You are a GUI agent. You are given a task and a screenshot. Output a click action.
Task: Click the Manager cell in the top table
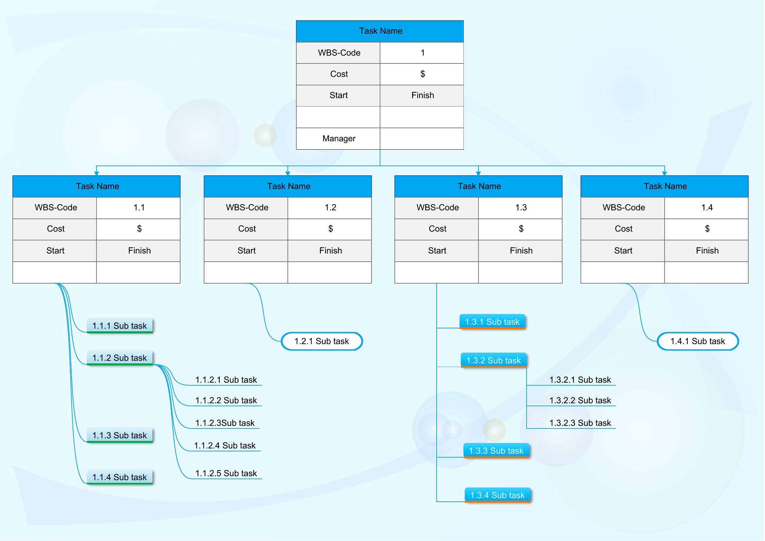click(x=339, y=139)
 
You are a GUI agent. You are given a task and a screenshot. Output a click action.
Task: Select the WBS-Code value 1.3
click(x=521, y=208)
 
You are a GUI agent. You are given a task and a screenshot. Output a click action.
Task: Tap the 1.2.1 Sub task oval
click(x=322, y=341)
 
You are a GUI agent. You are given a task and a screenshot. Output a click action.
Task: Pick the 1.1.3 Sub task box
click(x=120, y=435)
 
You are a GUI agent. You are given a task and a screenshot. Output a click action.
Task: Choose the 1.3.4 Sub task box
click(x=498, y=495)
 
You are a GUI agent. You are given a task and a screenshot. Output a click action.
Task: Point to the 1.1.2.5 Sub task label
click(x=226, y=474)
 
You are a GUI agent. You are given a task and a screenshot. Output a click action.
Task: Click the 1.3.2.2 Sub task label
click(x=581, y=400)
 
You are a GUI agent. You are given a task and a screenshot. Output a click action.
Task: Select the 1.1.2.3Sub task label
click(x=225, y=423)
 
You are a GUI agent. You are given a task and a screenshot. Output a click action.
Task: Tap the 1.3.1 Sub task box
click(x=493, y=322)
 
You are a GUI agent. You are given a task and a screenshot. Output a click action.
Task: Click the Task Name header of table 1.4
click(x=665, y=186)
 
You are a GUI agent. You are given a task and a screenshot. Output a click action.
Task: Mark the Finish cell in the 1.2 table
click(x=330, y=251)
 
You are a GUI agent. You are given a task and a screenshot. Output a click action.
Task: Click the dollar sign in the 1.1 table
click(x=139, y=229)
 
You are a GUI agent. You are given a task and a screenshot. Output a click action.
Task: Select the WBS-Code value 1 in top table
click(x=423, y=53)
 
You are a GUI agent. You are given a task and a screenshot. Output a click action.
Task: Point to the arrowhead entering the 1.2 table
click(x=288, y=173)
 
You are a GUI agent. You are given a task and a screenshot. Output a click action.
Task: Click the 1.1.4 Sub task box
click(x=120, y=477)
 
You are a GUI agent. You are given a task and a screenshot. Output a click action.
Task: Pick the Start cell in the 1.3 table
click(x=437, y=251)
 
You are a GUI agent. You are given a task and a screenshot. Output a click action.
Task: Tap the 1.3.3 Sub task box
click(x=496, y=451)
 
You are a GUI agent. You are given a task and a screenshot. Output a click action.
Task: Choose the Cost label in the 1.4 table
click(x=624, y=229)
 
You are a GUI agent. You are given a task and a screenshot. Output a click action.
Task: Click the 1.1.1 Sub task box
click(x=120, y=326)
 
